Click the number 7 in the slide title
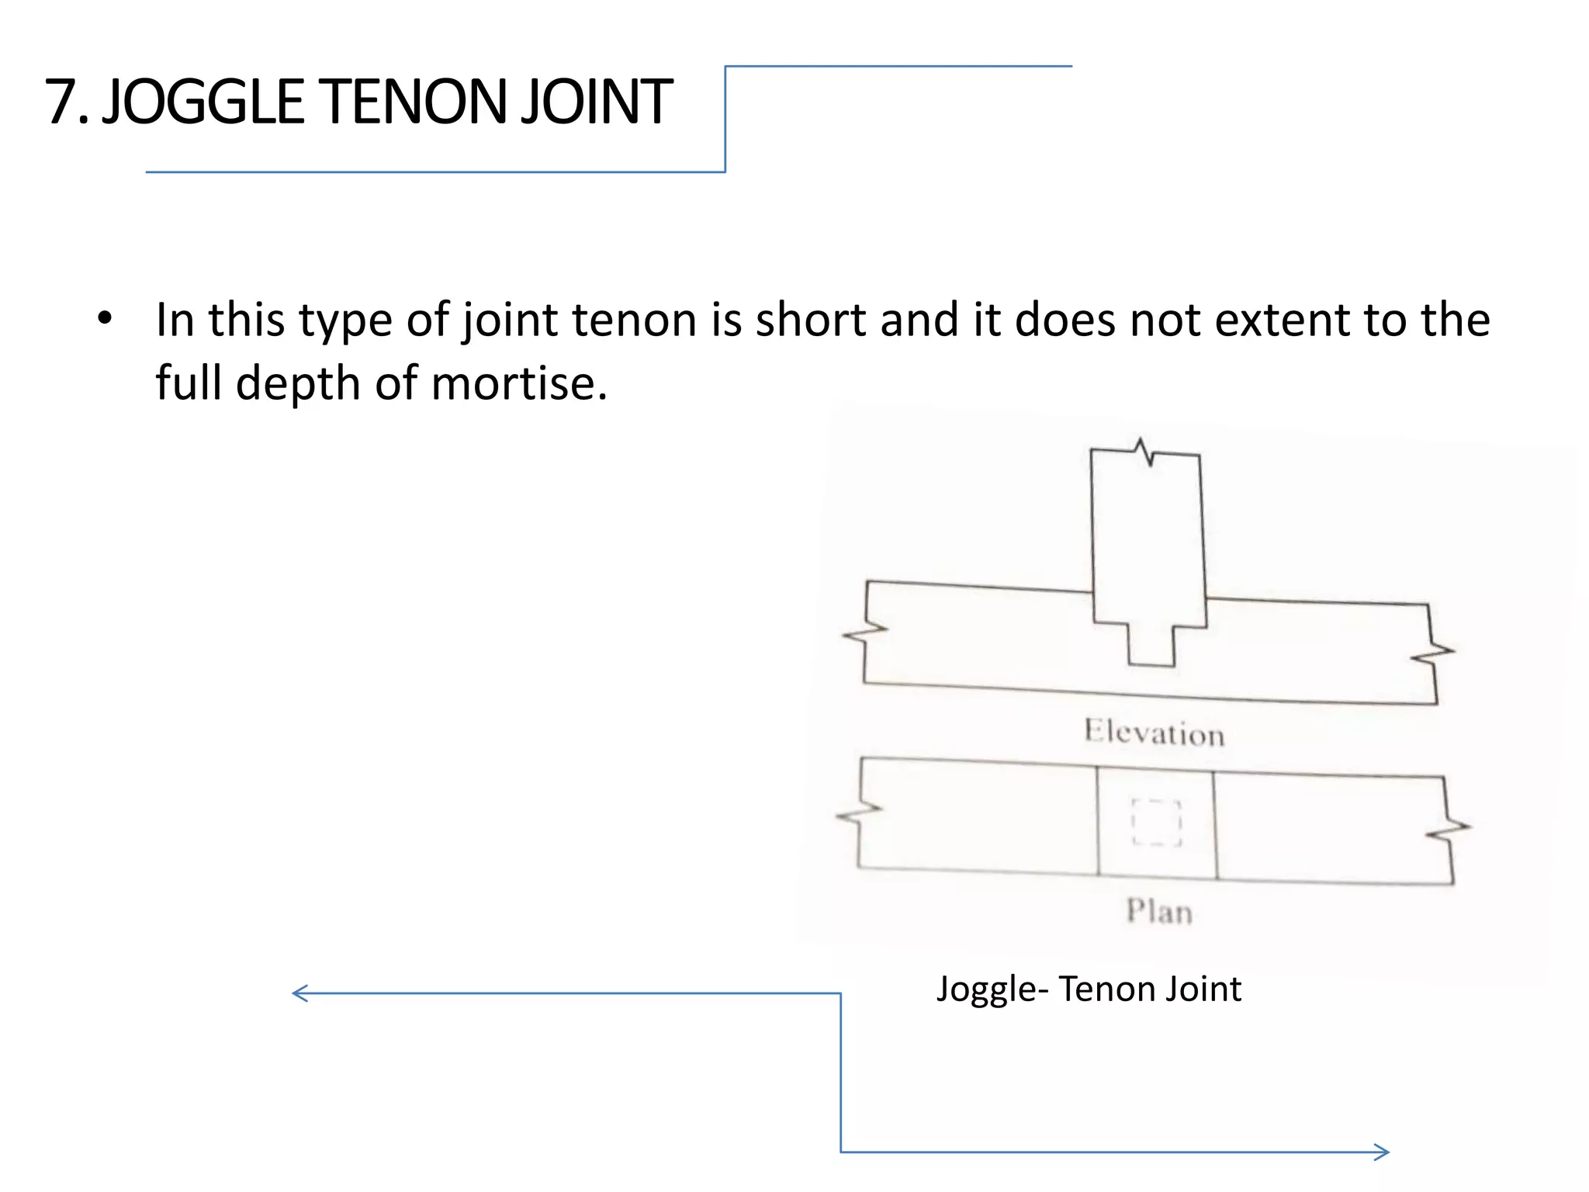[x=62, y=102]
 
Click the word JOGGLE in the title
[x=203, y=102]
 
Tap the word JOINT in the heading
[x=596, y=102]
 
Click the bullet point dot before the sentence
[x=105, y=318]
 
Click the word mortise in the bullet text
[x=518, y=383]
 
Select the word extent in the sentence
[x=1282, y=320]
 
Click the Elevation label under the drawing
[x=1154, y=733]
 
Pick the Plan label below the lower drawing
[x=1159, y=911]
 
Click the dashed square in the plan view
[x=1156, y=822]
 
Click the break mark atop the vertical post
[x=1143, y=451]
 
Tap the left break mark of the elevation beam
[x=865, y=632]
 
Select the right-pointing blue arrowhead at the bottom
[x=1381, y=1152]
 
